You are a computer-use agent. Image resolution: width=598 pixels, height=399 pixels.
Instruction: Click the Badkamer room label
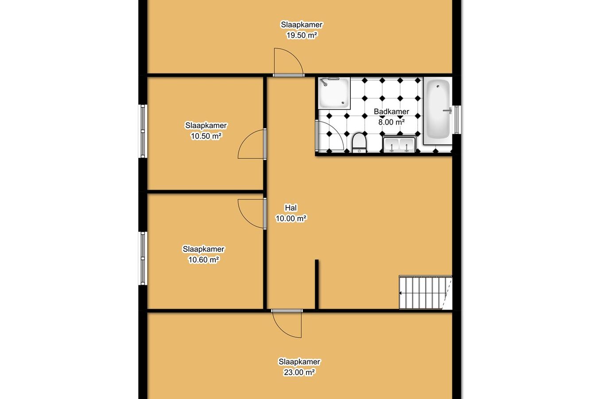click(x=391, y=112)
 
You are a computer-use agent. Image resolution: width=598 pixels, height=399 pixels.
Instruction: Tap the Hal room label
click(x=291, y=208)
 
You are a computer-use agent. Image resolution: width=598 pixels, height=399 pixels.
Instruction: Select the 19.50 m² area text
click(x=302, y=35)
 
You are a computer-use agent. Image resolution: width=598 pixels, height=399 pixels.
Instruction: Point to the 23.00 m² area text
click(x=299, y=372)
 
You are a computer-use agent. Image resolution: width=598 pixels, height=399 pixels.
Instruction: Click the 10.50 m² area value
click(x=206, y=136)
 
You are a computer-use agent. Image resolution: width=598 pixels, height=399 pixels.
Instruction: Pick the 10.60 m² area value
click(x=204, y=260)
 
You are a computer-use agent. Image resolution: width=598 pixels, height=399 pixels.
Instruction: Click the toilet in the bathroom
click(x=359, y=143)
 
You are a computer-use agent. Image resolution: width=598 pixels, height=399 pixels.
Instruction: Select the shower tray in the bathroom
click(x=334, y=93)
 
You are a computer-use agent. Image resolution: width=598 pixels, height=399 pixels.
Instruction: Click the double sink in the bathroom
click(x=399, y=145)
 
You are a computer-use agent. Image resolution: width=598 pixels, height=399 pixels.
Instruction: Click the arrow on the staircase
click(x=401, y=293)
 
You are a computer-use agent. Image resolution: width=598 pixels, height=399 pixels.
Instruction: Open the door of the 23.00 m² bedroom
click(x=287, y=324)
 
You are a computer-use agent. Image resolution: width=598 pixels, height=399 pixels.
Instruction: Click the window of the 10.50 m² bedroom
click(x=143, y=131)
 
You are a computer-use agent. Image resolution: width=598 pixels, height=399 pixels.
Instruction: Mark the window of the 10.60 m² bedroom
click(x=143, y=258)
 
